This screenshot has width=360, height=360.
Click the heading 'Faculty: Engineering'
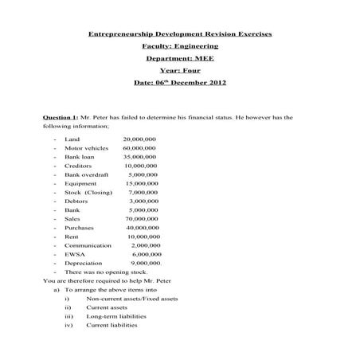(179, 46)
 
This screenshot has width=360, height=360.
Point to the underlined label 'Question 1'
(60, 116)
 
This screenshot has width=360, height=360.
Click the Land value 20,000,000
(139, 139)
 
